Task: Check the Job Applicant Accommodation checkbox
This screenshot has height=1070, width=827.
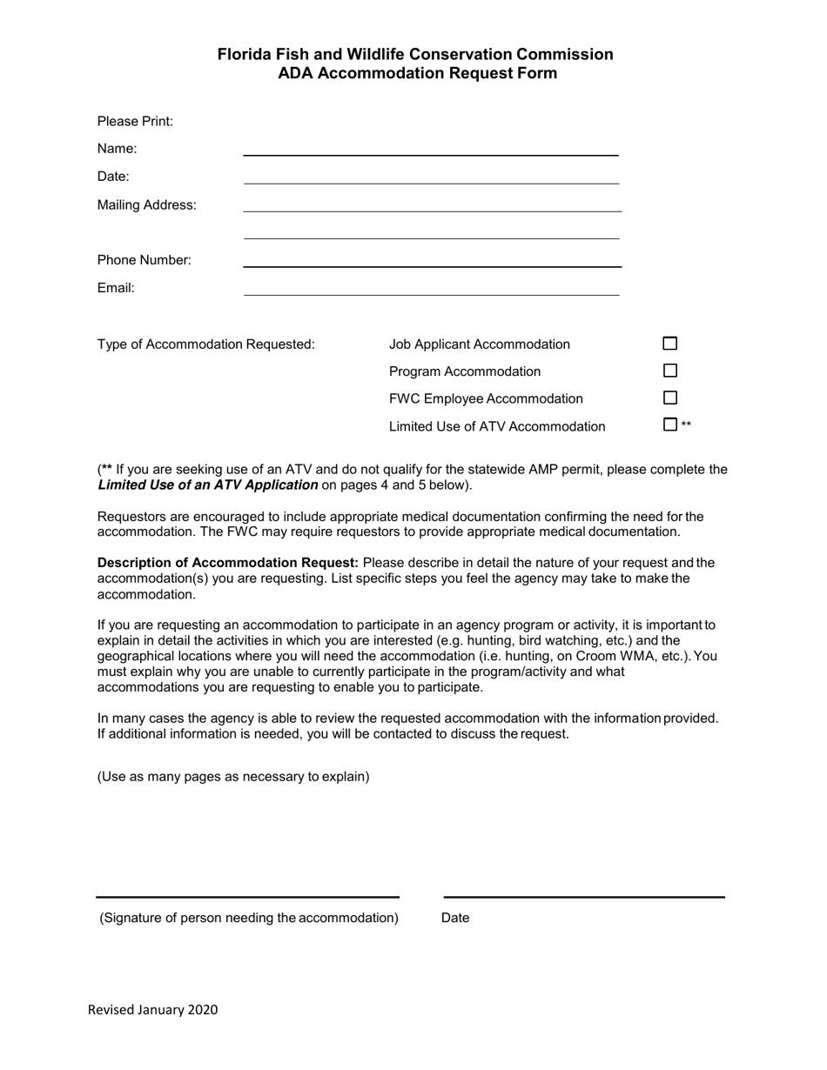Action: pos(669,344)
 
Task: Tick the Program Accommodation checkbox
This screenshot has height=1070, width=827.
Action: pos(669,371)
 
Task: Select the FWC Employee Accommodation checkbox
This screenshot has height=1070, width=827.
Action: pos(669,398)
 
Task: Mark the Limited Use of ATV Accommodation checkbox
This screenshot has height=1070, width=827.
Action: pos(669,425)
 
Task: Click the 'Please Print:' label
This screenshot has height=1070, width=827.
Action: pos(135,122)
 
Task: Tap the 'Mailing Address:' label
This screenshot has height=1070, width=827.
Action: pos(146,205)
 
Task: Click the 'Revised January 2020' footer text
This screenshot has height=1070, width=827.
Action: pos(152,1010)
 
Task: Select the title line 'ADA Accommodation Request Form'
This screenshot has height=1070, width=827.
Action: pos(417,74)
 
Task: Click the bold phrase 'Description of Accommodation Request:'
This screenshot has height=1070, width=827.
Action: pos(227,563)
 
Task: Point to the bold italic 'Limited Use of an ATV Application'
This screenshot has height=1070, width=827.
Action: pos(207,485)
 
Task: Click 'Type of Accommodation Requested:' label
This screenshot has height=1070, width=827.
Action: pos(205,344)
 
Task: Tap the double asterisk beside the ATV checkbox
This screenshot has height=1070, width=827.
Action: pos(687,425)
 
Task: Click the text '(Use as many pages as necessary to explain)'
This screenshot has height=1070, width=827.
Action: pos(233,777)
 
